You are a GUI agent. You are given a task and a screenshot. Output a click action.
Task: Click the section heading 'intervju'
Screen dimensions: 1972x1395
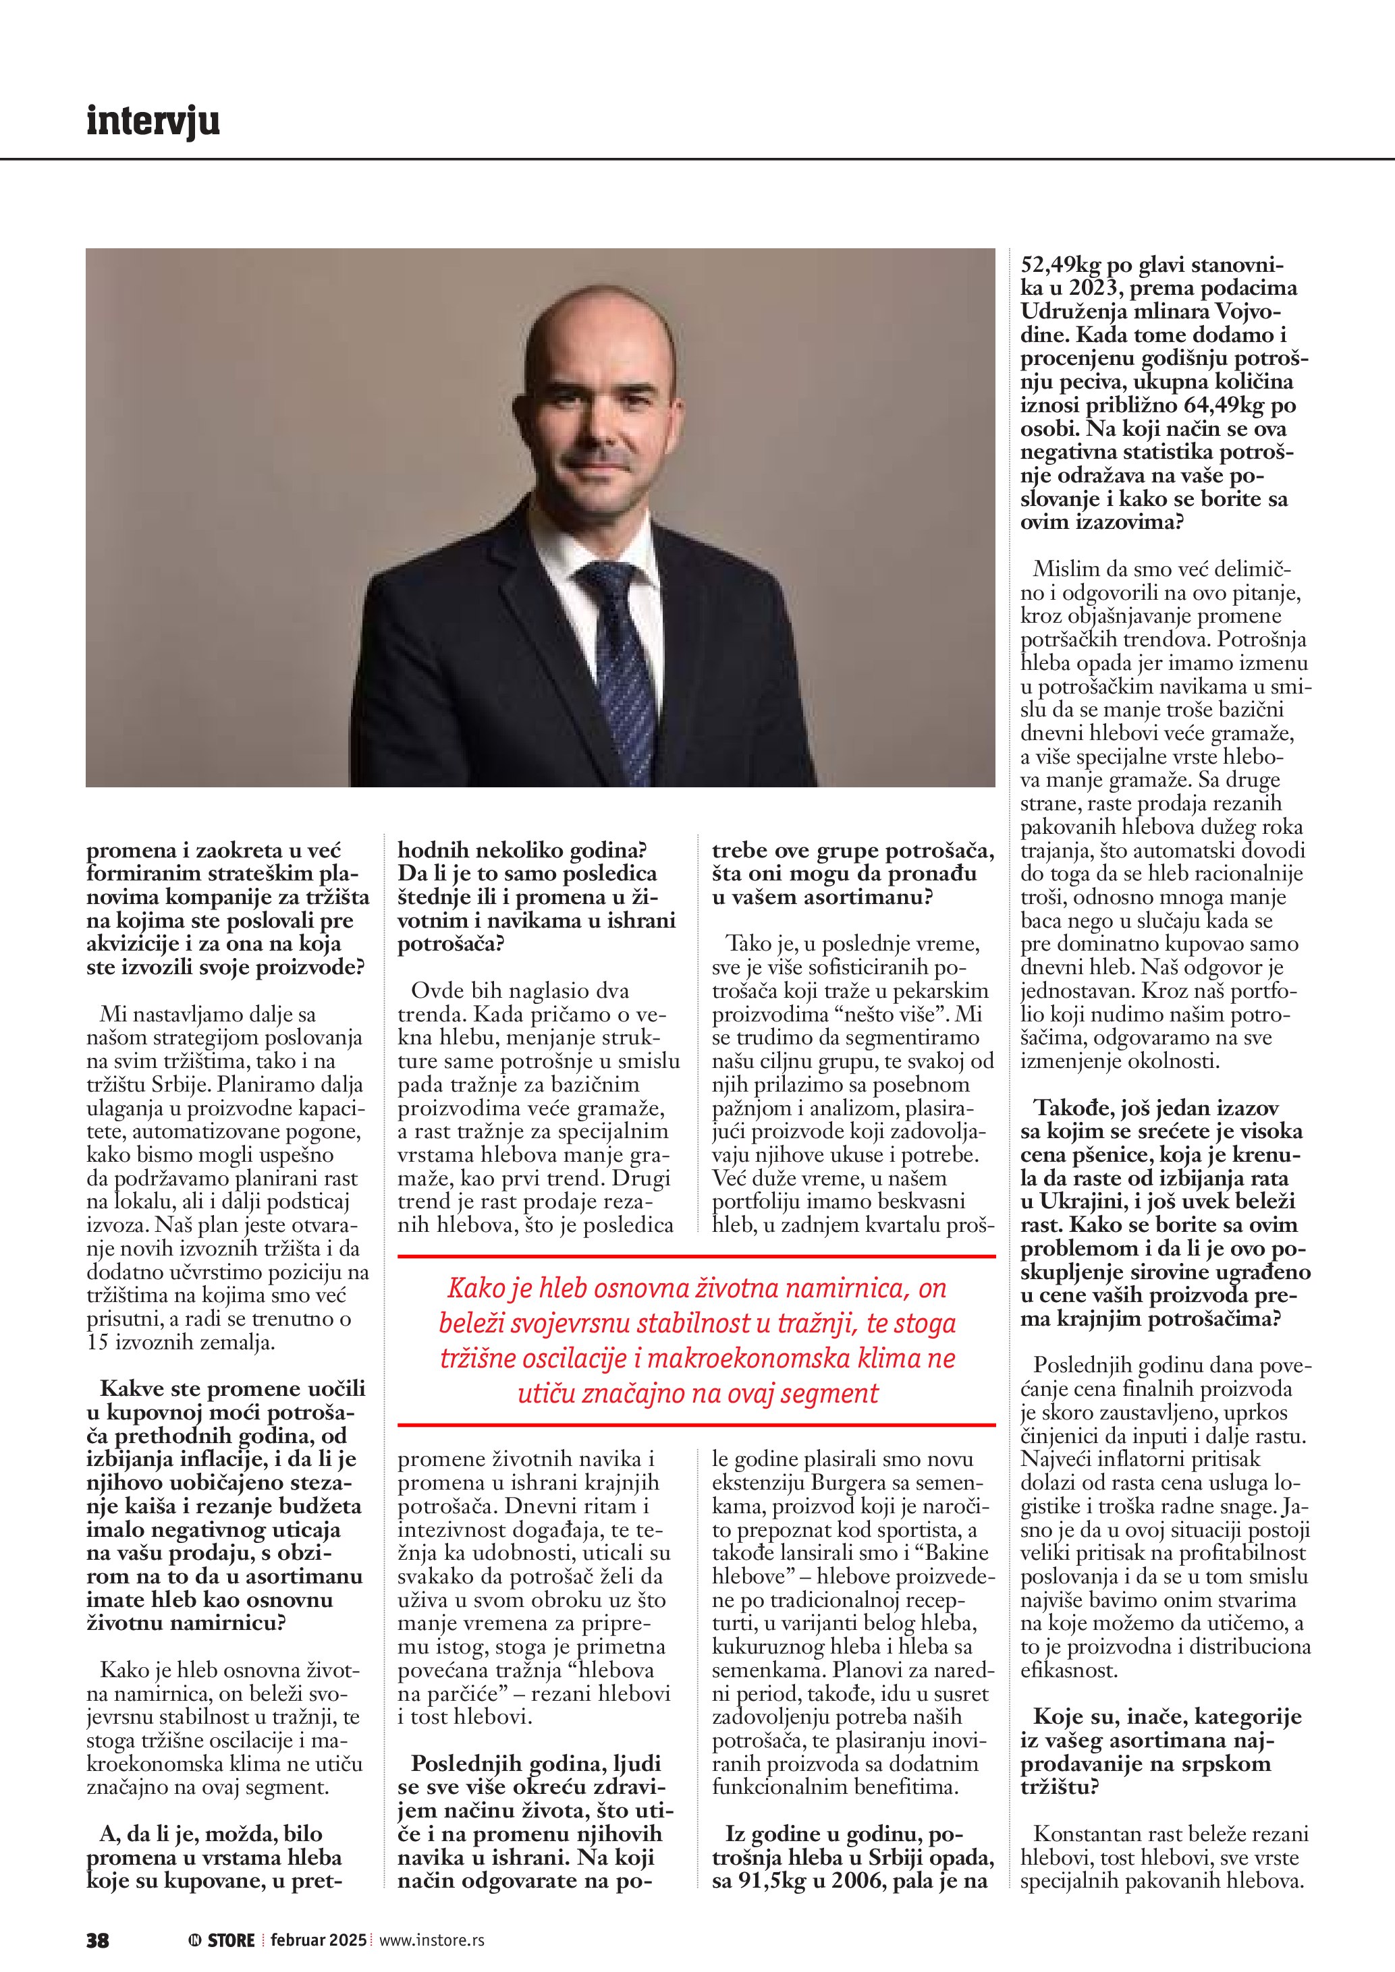153,121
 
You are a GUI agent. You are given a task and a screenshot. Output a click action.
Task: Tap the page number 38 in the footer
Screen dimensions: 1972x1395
97,1940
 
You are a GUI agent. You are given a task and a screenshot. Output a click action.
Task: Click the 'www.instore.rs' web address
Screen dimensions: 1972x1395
431,1940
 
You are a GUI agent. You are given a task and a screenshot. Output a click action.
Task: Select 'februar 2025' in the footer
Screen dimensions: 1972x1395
318,1940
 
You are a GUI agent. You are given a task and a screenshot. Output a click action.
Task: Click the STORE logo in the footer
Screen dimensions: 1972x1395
223,1940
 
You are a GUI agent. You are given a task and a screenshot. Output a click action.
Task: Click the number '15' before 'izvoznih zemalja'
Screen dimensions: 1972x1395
97,1343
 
